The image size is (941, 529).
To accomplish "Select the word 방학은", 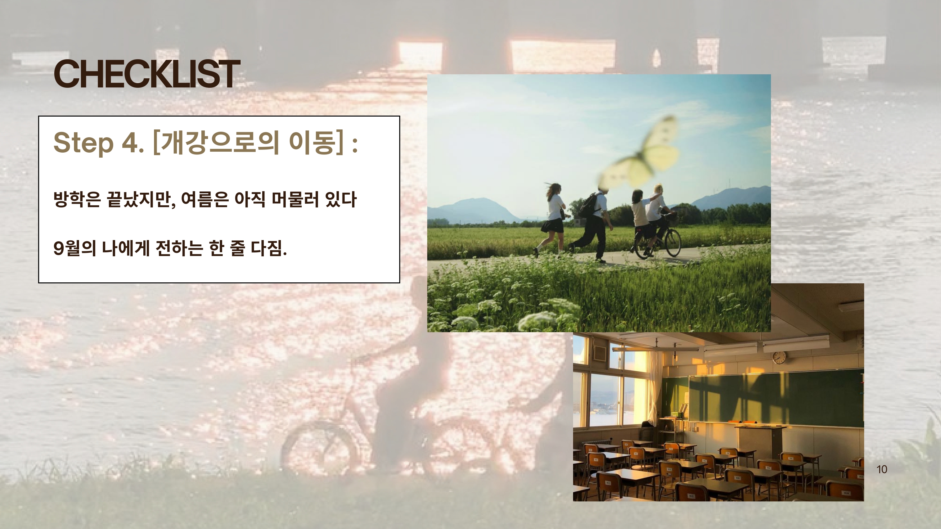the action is (77, 199).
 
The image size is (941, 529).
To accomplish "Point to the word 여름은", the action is (205, 199).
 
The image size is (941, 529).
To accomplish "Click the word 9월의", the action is (75, 248).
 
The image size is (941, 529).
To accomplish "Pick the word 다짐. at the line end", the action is (269, 248).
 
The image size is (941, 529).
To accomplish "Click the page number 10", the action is (882, 469).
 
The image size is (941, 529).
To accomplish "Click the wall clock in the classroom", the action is (779, 357).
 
